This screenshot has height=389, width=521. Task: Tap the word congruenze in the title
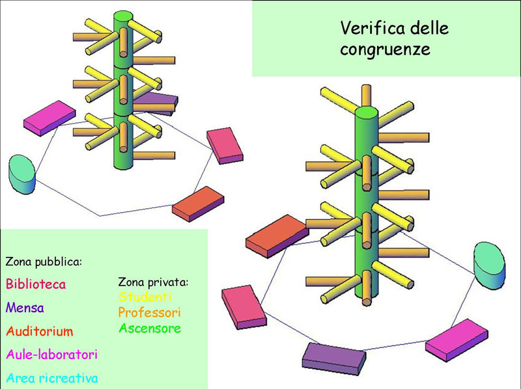385,50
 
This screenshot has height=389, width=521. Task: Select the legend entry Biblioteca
36,284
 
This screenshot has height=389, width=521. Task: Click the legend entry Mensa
25,308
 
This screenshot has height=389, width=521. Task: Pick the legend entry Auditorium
40,331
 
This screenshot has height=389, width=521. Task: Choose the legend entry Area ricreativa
51,378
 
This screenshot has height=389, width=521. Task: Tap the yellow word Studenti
145,297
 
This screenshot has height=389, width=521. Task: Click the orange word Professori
149,312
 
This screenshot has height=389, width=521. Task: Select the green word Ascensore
149,329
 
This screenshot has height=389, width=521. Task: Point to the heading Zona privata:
153,282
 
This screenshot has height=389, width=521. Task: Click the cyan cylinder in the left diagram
21,174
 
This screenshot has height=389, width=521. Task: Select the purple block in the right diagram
332,357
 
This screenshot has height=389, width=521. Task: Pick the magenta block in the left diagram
49,118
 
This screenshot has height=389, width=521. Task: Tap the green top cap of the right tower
367,114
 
